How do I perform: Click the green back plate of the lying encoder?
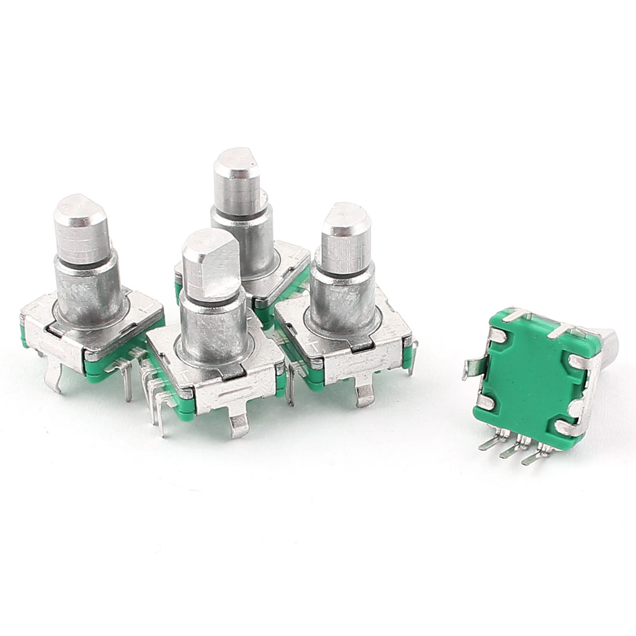click(523, 376)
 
